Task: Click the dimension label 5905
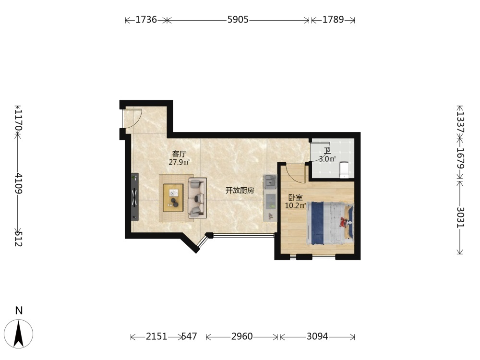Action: [x=238, y=20]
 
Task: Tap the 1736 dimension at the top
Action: [x=146, y=20]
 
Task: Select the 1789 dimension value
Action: [x=333, y=20]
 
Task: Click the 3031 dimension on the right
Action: [x=460, y=217]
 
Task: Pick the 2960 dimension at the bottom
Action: [x=242, y=336]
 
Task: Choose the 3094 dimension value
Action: [x=317, y=336]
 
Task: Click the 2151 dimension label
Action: [x=156, y=336]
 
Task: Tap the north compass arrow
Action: [x=19, y=334]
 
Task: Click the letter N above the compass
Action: [x=19, y=311]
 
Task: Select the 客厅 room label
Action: [x=179, y=154]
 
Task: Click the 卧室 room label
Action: [x=295, y=197]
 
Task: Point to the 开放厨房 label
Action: [x=240, y=191]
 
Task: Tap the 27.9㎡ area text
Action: [x=180, y=162]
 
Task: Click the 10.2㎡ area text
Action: [x=295, y=205]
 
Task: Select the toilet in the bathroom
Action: [x=344, y=170]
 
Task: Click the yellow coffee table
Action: [x=173, y=198]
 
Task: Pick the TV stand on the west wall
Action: [x=135, y=197]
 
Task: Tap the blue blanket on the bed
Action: [x=317, y=223]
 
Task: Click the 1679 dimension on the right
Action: [x=460, y=158]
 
